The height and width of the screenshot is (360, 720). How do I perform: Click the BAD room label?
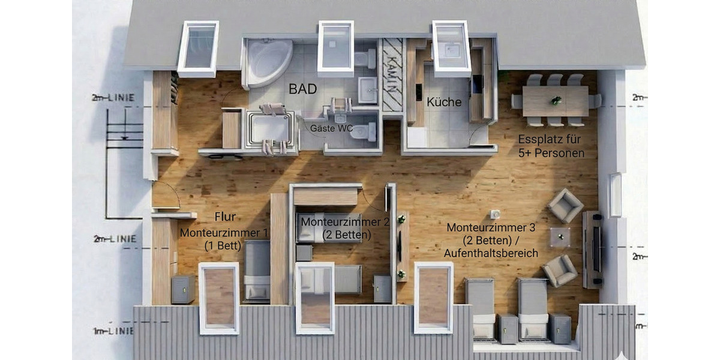303,89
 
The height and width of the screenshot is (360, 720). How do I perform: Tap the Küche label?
444,102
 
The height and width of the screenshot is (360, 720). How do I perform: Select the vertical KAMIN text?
392,75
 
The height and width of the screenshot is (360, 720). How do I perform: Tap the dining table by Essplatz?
555,101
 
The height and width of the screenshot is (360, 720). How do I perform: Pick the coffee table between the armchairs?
560,236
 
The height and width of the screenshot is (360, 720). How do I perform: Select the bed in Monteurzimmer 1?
257,270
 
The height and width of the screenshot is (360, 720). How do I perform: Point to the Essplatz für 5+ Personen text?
551,146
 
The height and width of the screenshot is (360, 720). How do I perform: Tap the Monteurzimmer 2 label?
345,222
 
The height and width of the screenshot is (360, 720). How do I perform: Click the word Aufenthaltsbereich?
490,254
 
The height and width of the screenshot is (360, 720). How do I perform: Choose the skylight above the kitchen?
451,49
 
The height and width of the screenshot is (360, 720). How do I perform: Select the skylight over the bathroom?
336,48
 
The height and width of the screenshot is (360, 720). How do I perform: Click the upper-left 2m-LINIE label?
113,97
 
